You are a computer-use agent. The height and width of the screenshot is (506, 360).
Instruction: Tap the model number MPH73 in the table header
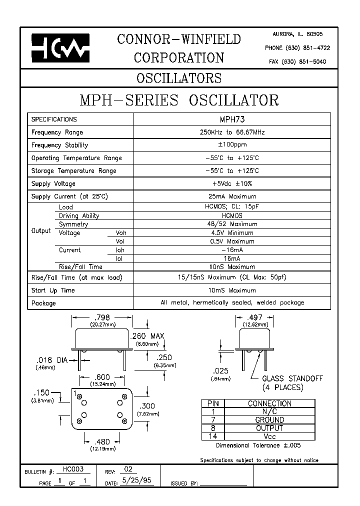[232, 119]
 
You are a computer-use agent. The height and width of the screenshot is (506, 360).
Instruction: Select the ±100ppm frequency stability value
[232, 145]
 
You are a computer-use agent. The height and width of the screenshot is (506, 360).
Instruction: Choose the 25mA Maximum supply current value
[232, 196]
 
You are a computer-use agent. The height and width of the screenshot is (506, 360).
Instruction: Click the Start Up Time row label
[53, 290]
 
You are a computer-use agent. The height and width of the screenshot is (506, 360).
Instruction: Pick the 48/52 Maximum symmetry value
[232, 224]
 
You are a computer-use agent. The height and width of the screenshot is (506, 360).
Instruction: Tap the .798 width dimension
[102, 317]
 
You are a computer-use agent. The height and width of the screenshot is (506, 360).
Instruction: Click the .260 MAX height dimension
[147, 336]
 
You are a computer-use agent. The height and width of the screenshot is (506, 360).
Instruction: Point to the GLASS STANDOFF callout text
[292, 378]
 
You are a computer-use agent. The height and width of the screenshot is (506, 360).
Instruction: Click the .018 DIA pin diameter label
[52, 359]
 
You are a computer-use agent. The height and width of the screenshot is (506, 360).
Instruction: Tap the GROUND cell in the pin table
[269, 420]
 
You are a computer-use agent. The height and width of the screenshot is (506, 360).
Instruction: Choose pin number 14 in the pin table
[213, 436]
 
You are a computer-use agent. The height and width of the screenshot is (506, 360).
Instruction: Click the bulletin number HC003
[73, 469]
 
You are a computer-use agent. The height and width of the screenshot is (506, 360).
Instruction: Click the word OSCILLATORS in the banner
[179, 78]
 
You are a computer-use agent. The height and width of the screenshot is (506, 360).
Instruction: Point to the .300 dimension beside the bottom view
[149, 405]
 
